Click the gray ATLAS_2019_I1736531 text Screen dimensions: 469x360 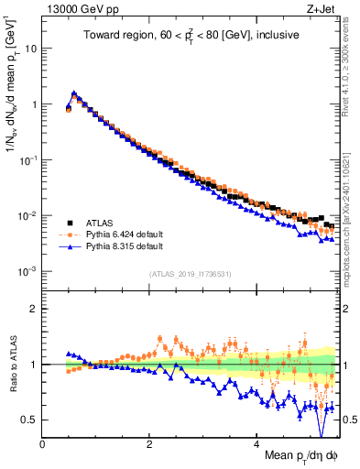tap(190, 275)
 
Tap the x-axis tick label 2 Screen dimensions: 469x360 tap(149, 444)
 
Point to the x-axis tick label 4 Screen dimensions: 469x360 tap(257, 444)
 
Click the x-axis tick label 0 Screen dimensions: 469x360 tap(42, 444)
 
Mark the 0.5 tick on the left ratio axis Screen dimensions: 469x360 tap(29, 420)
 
